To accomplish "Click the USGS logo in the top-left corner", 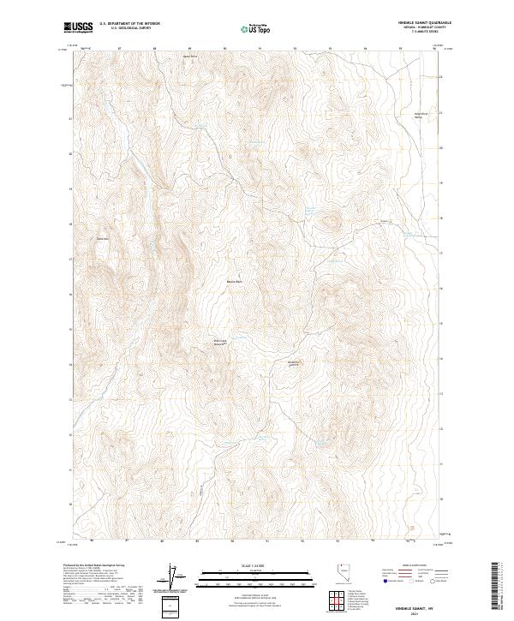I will click(78, 28).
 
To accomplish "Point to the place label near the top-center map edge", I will click(189, 57).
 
